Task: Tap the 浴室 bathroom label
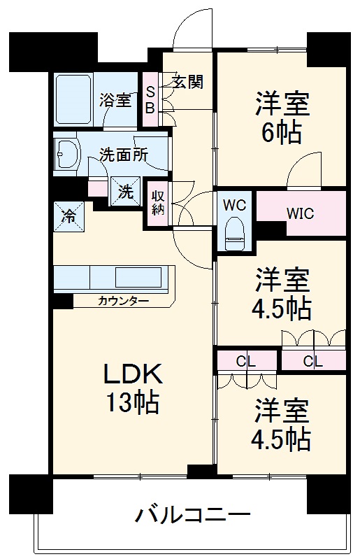(x=116, y=100)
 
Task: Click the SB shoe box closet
(x=150, y=99)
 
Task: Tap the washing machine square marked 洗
(x=124, y=191)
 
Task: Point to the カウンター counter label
(x=123, y=301)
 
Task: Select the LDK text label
(x=133, y=376)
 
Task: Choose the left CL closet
(x=245, y=361)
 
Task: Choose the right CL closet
(x=313, y=361)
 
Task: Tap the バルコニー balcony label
(x=192, y=517)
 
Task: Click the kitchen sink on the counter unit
(x=140, y=274)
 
